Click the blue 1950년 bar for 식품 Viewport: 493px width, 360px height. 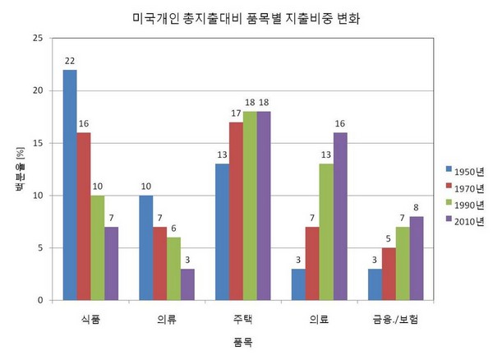[70, 185]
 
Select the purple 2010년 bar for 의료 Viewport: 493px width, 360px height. [339, 217]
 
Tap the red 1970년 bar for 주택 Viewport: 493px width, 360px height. [236, 211]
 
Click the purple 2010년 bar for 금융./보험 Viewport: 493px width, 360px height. [417, 259]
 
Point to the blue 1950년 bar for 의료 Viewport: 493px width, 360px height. [298, 284]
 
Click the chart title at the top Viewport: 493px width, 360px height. [245, 16]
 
